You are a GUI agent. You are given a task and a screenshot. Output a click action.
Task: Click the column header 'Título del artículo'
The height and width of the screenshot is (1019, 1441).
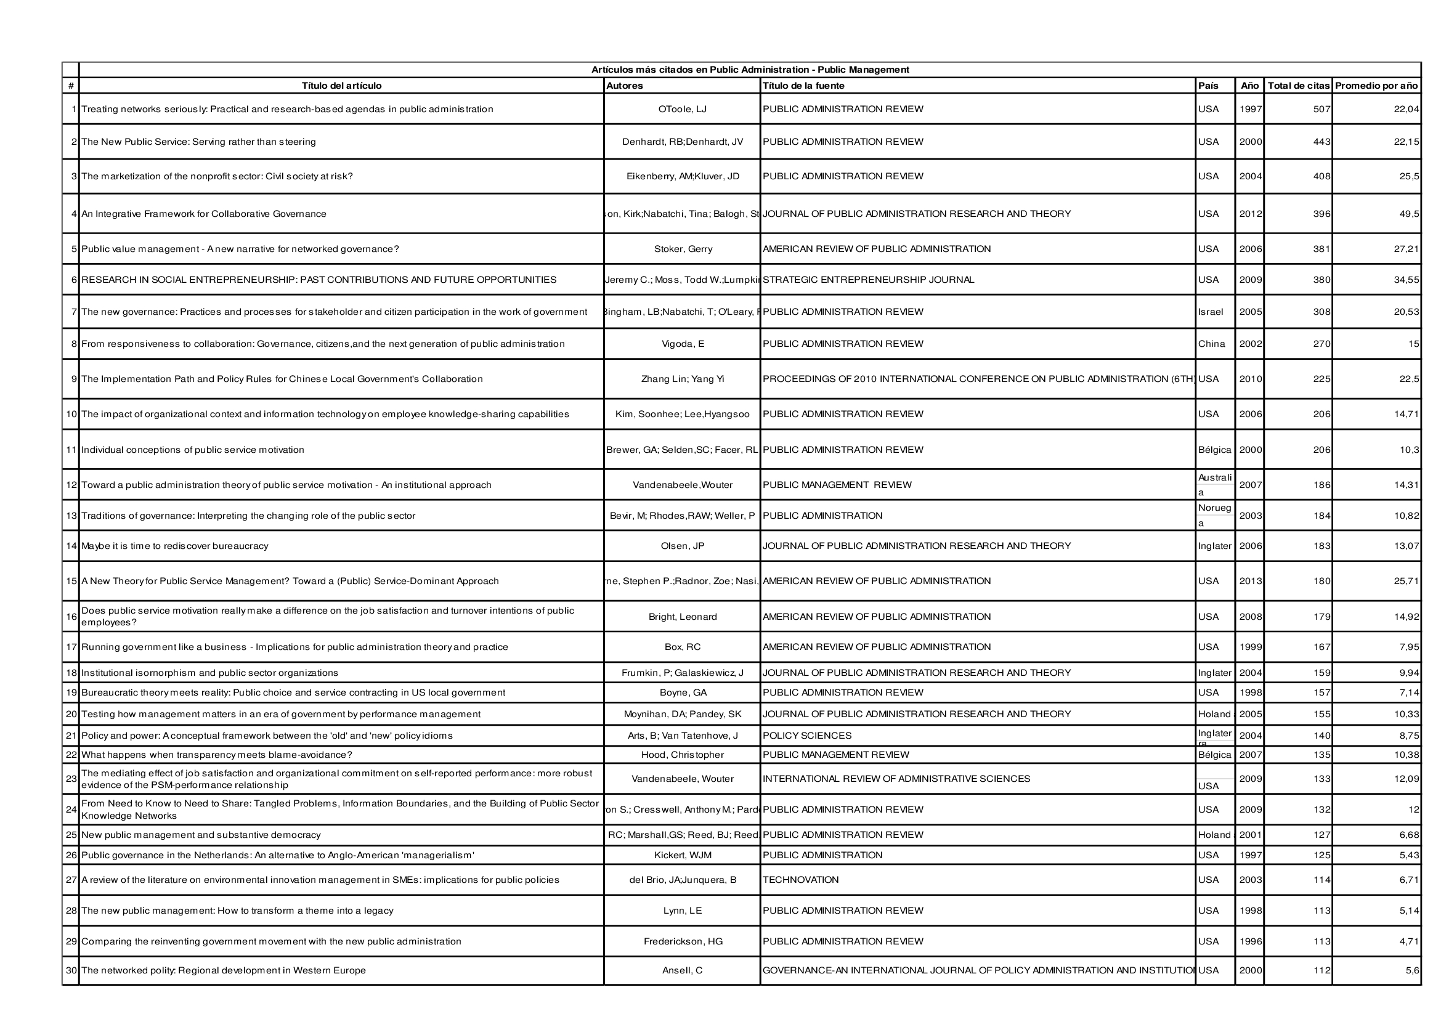341,86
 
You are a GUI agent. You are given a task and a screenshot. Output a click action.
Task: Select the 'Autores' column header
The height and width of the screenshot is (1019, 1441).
625,86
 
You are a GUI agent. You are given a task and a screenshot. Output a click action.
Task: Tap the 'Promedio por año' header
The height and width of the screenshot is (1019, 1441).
1376,86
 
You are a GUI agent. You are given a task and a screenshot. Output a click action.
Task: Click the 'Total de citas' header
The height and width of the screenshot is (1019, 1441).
1298,86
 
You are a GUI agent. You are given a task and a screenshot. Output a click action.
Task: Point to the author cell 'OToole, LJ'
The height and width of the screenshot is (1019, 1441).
682,109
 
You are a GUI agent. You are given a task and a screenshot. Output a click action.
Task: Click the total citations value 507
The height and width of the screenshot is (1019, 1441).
1321,109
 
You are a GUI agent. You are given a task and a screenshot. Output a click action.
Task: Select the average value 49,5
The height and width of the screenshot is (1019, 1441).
1409,214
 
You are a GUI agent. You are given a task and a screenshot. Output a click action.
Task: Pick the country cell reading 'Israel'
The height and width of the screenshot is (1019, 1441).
1210,312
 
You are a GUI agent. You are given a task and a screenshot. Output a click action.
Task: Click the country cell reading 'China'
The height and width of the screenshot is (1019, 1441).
1211,344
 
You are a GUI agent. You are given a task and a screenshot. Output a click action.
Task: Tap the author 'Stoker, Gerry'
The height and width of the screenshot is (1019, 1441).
683,249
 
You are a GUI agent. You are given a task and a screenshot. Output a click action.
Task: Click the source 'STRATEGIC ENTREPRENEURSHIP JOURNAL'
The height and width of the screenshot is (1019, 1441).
868,280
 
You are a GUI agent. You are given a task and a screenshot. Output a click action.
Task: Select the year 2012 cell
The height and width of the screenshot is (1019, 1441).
1249,214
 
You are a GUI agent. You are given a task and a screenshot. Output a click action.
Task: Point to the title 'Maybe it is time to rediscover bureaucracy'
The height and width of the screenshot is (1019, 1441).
174,546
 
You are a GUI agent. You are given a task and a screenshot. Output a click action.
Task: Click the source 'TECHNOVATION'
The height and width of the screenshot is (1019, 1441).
800,880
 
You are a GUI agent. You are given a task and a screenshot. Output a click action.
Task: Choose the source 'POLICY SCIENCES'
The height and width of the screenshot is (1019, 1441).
806,736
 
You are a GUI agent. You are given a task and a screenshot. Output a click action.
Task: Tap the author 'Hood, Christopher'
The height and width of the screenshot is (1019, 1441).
682,755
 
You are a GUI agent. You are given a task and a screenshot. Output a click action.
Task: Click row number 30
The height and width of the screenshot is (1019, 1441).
71,971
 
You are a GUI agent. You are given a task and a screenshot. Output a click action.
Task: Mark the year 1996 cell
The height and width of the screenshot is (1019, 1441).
1249,941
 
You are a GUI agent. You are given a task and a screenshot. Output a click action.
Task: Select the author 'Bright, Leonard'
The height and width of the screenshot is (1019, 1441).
682,617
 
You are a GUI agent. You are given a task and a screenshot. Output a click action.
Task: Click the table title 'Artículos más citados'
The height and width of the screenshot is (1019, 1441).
749,70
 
